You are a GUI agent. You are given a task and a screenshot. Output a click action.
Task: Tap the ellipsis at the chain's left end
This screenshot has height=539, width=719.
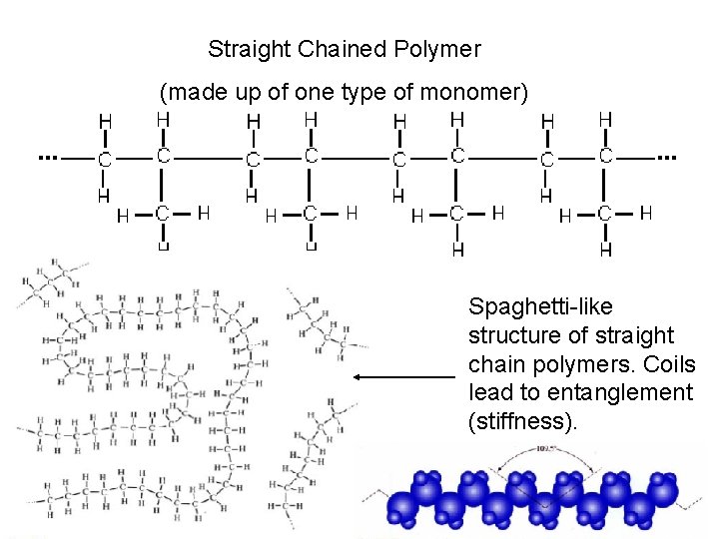(47, 157)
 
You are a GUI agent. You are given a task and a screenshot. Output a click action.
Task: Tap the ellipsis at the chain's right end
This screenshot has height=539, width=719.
(667, 157)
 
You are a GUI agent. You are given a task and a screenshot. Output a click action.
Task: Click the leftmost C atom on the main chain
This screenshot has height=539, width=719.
(105, 159)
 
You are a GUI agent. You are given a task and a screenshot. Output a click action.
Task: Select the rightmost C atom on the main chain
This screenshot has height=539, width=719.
(605, 156)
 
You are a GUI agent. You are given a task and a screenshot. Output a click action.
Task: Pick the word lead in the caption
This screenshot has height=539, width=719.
(490, 393)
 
